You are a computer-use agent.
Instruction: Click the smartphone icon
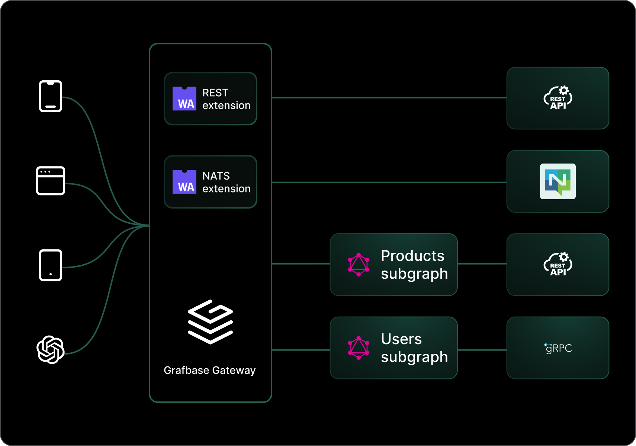(51, 96)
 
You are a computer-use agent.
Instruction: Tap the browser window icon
(51, 181)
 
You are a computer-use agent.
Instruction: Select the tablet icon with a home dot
(51, 265)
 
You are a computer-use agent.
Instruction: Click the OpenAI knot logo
(51, 350)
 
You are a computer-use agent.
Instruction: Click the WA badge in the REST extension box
(184, 99)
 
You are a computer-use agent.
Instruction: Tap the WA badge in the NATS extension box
(184, 182)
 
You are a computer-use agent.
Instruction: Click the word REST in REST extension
(215, 93)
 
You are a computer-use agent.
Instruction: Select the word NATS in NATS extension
(216, 176)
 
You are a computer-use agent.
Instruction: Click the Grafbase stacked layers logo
(211, 322)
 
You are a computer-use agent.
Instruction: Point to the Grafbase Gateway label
(210, 370)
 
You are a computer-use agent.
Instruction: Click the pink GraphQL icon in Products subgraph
(359, 265)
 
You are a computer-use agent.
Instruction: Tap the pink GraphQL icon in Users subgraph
(359, 348)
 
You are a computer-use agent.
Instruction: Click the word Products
(412, 256)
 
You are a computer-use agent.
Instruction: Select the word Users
(401, 339)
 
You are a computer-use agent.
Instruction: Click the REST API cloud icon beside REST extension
(558, 98)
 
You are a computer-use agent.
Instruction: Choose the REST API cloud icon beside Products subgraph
(558, 265)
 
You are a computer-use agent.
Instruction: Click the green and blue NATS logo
(558, 181)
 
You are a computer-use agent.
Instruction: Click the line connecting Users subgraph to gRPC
(482, 350)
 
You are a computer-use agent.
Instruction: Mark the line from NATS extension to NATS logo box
(389, 182)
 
